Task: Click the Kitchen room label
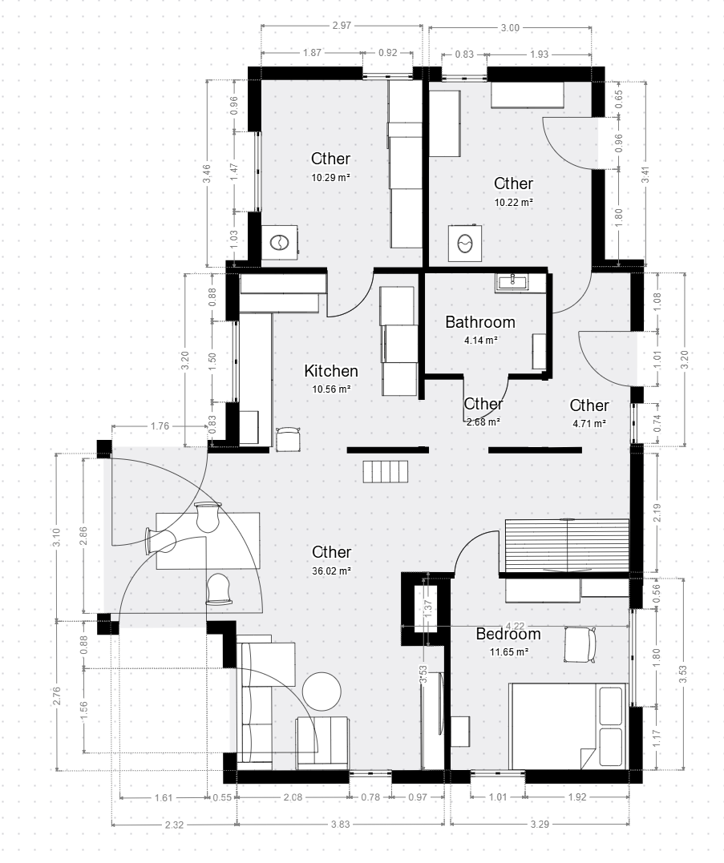(x=331, y=371)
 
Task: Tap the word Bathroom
(x=480, y=322)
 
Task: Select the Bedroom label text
(x=508, y=634)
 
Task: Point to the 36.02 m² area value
(x=331, y=571)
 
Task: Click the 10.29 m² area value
(x=331, y=177)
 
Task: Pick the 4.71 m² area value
(x=589, y=423)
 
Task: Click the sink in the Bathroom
(x=513, y=282)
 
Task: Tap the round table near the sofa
(x=322, y=691)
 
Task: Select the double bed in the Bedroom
(x=568, y=726)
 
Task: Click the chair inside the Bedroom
(x=580, y=644)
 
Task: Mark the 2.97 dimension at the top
(x=342, y=26)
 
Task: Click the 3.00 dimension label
(x=511, y=27)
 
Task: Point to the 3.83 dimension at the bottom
(x=341, y=824)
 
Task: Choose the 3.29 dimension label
(x=540, y=824)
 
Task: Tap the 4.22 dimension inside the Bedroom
(x=515, y=626)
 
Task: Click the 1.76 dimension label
(x=160, y=426)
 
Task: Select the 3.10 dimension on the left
(x=57, y=537)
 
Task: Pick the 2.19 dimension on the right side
(x=657, y=512)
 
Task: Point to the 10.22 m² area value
(x=514, y=202)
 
